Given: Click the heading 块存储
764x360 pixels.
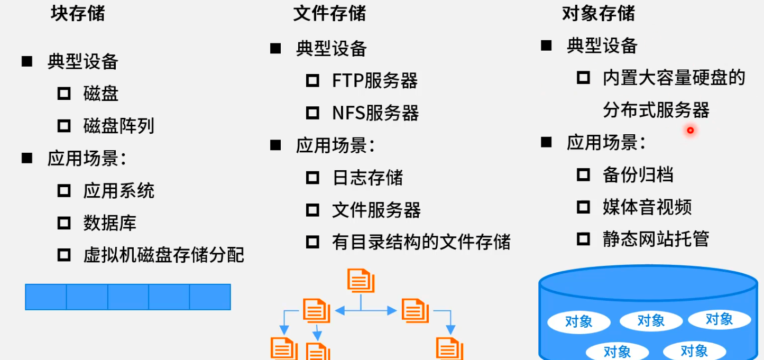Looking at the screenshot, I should pos(78,14).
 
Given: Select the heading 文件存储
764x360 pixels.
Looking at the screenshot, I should pos(329,14).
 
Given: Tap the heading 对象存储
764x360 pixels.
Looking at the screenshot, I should pos(598,14).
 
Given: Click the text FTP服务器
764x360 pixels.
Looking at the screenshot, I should pos(375,81).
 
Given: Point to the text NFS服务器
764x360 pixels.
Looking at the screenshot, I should pos(375,113).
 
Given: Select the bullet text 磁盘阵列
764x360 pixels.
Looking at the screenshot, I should pos(119,126).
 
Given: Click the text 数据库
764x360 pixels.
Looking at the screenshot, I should pos(110,223).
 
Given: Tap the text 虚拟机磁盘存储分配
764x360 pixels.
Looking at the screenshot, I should pos(164,255).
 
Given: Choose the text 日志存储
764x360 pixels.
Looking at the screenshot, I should pos(367,178).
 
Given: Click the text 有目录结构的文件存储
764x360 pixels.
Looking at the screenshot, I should pos(421,242).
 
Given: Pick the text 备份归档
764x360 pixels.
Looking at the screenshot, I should pos(638,174).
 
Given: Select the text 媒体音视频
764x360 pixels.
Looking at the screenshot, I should pos(647,207).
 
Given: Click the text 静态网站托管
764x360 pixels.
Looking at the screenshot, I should pos(656,239).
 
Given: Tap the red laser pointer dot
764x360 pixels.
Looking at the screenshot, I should pos(690,130).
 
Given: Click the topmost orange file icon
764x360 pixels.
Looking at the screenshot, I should pos(361,281).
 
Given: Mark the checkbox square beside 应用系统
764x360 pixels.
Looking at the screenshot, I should pos(64,191).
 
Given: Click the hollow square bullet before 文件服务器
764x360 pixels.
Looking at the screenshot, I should pos(312,210).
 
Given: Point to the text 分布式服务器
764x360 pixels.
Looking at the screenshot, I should pos(656,110).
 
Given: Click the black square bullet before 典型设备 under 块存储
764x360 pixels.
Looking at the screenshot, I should pos(27,61).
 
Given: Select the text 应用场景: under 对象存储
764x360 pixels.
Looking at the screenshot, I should pos(606,143).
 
